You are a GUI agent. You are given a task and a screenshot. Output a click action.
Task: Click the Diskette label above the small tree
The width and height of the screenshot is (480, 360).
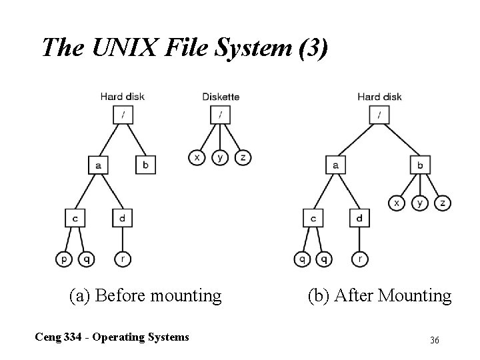pos(221,97)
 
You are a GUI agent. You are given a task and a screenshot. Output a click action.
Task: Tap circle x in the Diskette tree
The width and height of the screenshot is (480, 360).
pos(197,157)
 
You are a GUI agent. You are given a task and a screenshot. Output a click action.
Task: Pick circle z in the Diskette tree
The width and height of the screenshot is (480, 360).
pos(243,157)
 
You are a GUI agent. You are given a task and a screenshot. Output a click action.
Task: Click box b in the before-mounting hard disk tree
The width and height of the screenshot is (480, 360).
pos(145,164)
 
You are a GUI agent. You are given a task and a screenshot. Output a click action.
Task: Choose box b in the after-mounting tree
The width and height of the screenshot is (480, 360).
pos(420,164)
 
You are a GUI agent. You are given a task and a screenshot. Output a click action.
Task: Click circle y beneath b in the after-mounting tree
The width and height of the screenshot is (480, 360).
pos(420,202)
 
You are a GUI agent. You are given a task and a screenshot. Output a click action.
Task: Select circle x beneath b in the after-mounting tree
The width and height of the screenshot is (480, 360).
pos(397,202)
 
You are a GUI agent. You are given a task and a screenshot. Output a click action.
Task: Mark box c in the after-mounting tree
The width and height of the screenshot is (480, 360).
pos(313,217)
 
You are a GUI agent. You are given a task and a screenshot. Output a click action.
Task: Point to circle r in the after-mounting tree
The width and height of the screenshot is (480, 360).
pos(359,257)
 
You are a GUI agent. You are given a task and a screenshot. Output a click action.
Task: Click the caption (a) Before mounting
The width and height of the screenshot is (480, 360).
pos(145,295)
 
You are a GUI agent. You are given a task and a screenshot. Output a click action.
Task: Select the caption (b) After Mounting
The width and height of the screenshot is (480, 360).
pos(379,295)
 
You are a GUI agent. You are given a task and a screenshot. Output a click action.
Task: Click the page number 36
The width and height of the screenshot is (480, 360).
pos(435,340)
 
